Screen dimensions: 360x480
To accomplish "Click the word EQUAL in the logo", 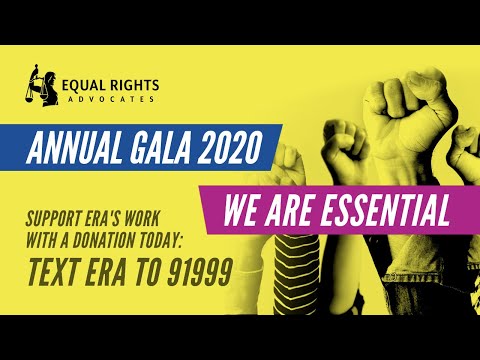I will coord(82,84).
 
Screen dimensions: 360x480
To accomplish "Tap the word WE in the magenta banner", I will coord(246,211).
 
